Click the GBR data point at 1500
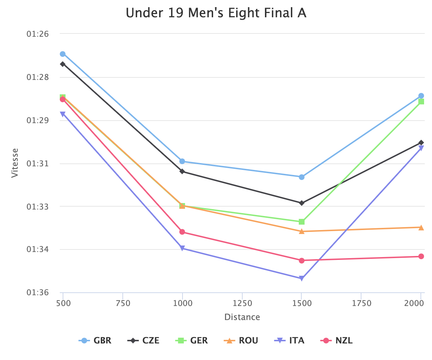click(302, 177)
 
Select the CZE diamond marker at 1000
click(182, 171)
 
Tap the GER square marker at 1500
click(302, 221)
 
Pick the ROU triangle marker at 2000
click(421, 228)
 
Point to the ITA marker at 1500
click(302, 278)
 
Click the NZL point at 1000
click(182, 232)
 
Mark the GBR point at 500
click(63, 54)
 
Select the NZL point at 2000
click(421, 256)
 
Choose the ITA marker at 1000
click(182, 248)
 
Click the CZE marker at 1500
click(302, 203)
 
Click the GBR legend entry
click(95, 341)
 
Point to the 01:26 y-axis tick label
click(37, 34)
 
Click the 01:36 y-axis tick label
click(37, 293)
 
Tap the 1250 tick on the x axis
click(242, 303)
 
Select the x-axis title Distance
click(242, 317)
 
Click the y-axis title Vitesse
click(14, 163)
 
